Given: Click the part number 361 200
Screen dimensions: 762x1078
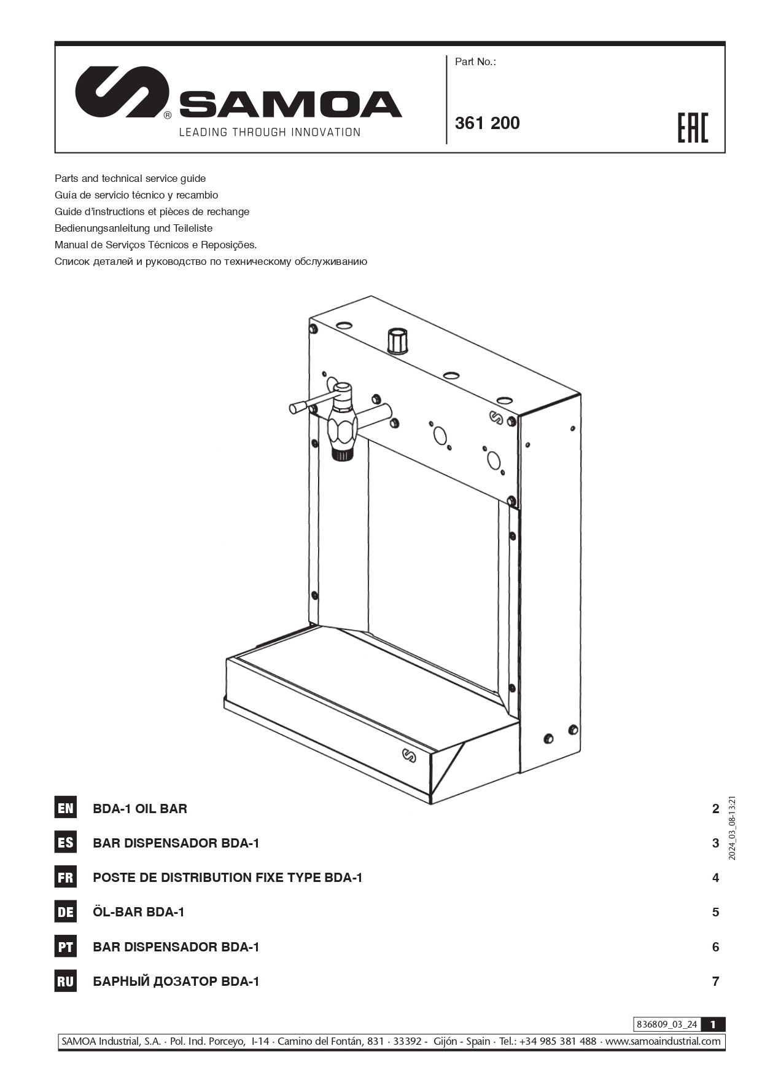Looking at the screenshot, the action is pos(487,123).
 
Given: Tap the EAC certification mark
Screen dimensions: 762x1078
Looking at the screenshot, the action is pos(693,128).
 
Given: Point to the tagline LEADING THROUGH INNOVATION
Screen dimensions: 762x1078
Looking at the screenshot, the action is pos(270,132).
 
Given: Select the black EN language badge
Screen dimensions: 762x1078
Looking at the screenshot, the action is pos(66,808).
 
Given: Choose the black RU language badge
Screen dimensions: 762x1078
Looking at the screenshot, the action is pos(66,982).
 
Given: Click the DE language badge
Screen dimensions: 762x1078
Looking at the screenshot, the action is pos(66,912).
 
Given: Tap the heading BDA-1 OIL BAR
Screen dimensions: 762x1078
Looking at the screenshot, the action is pos(140,809).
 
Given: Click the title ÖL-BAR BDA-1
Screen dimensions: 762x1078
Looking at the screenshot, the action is pos(139,912).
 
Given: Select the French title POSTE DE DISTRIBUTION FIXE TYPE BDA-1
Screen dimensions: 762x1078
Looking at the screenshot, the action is pos(227,878).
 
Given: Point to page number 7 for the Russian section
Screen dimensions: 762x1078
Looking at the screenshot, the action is pos(715,982).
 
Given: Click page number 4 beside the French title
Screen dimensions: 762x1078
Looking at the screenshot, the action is pos(715,878).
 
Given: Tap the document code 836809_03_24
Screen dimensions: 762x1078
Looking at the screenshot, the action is pos(667,1025).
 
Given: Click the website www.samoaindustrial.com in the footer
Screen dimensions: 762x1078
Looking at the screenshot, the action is pos(663,1041).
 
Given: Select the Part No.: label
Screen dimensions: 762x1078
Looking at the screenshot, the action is pos(475,61).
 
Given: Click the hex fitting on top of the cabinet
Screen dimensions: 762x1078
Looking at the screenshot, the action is pos(397,341).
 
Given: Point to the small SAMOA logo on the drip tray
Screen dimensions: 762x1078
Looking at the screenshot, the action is pos(409,755).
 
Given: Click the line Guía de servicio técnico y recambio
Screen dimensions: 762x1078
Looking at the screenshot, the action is pos(136,195).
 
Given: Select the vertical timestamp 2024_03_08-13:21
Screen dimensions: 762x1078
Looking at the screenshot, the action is pos(732,828).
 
